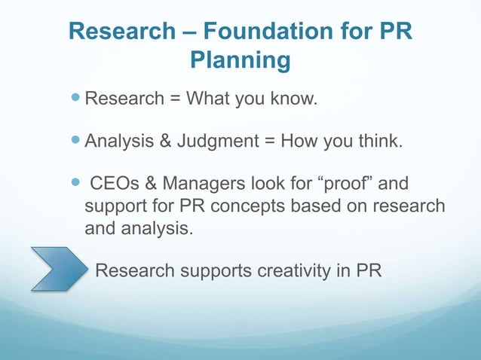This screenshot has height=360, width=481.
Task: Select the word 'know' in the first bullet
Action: (x=288, y=99)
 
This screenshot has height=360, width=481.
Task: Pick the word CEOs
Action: (x=116, y=185)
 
